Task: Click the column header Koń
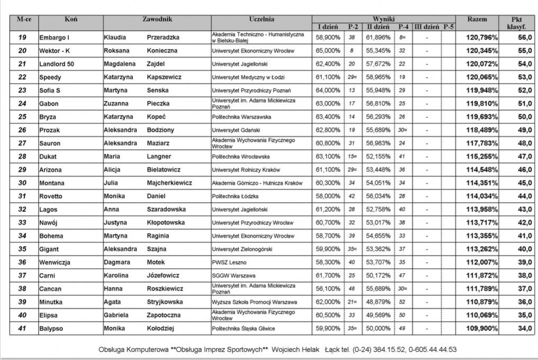[71, 20]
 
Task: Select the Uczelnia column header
[261, 20]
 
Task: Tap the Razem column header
[477, 20]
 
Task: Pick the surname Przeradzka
[164, 38]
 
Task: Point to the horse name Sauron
[50, 143]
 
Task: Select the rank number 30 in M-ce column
[22, 183]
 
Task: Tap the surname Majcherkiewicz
[169, 183]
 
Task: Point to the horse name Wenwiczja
[55, 262]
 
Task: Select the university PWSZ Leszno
[229, 262]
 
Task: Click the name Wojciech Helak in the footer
[293, 350]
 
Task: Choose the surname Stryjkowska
[165, 302]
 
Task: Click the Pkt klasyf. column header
[511, 22]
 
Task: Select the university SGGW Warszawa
[234, 275]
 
